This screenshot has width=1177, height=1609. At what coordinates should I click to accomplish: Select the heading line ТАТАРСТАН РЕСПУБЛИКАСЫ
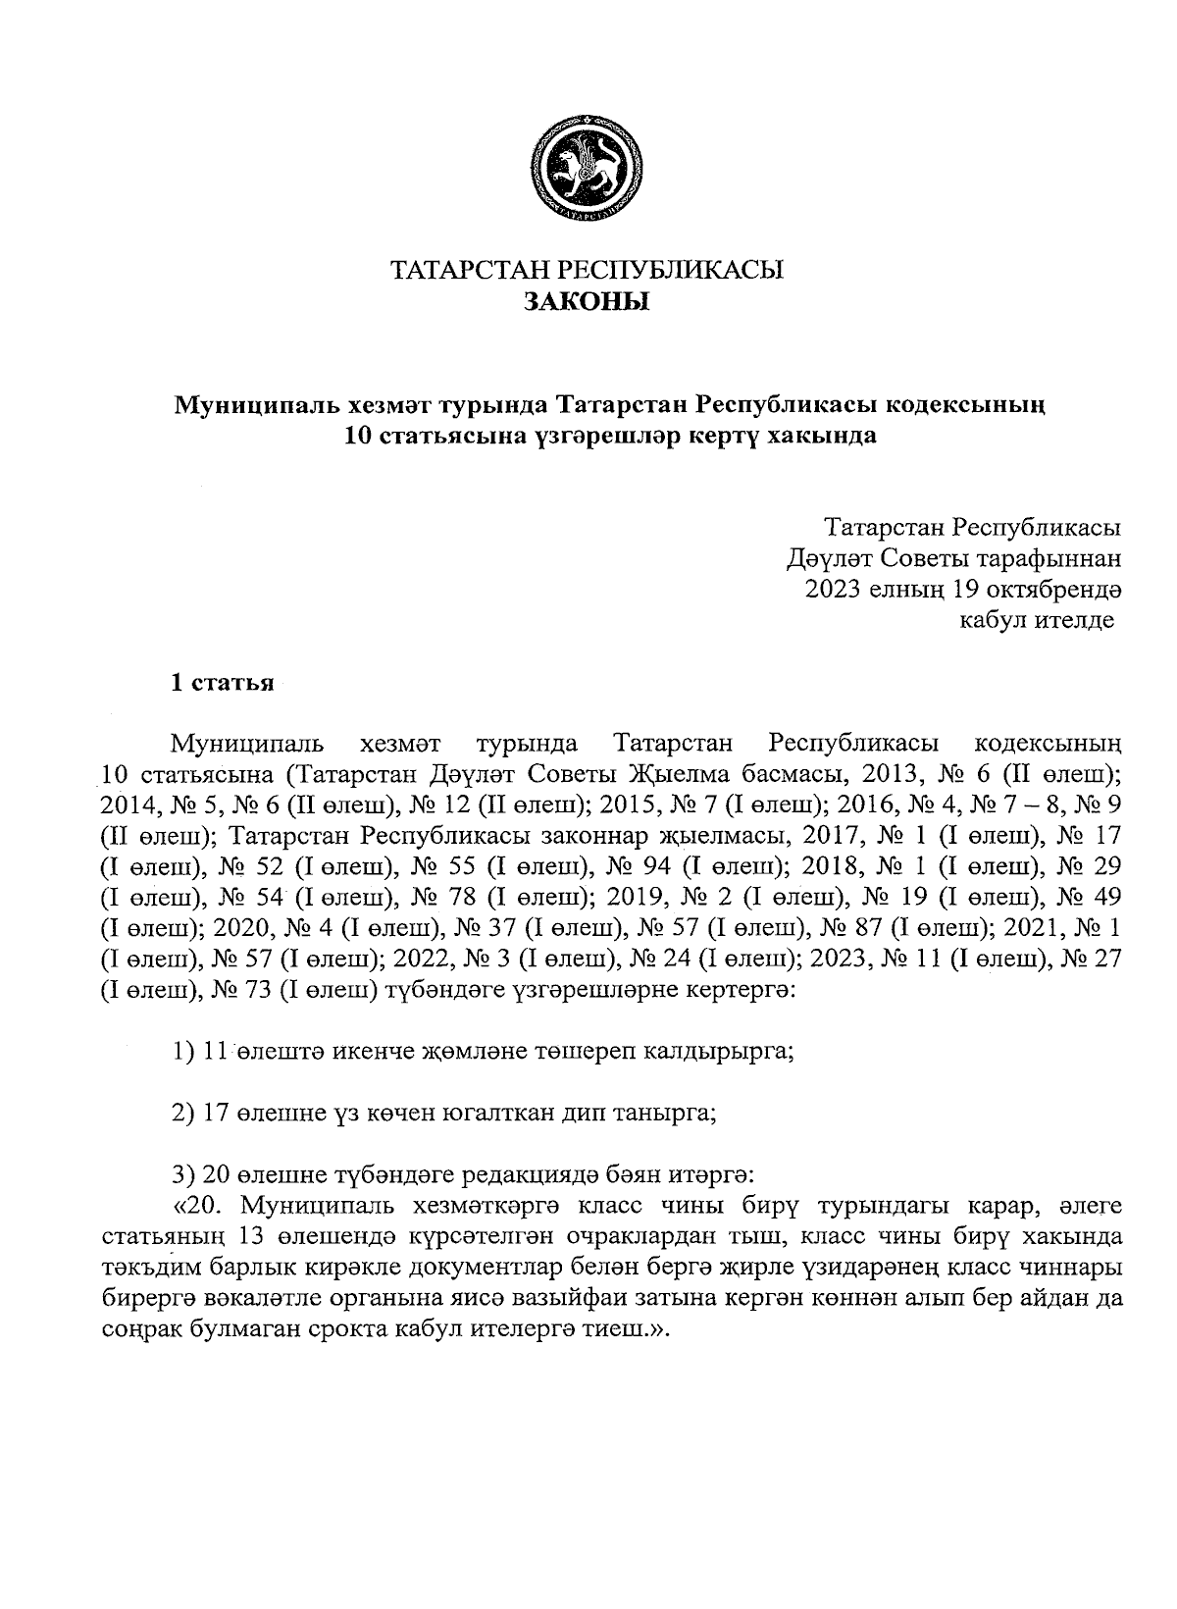(x=587, y=270)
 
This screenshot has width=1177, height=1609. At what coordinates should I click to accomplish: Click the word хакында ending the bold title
(x=836, y=435)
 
